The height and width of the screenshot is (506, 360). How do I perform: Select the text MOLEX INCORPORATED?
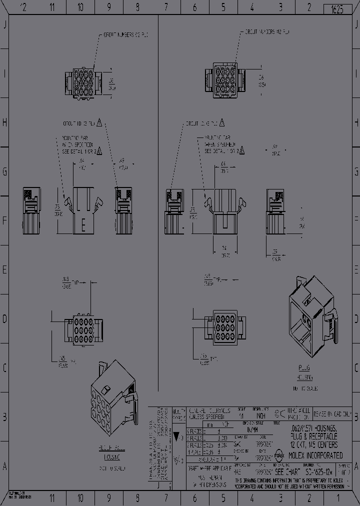tap(314, 455)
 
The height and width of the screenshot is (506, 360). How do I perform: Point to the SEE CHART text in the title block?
tap(287, 471)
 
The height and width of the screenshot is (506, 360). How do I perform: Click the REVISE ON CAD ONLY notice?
tap(335, 414)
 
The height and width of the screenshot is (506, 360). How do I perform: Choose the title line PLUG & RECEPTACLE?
tap(314, 436)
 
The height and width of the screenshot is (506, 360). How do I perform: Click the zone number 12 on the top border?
tap(23, 7)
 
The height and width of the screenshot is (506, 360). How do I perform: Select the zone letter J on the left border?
tap(5, 25)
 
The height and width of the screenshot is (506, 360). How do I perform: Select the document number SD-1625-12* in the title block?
tap(319, 471)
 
